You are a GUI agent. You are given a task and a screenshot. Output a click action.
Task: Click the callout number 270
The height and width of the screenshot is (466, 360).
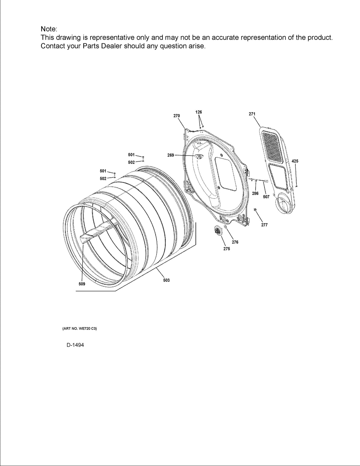pyautogui.click(x=176, y=116)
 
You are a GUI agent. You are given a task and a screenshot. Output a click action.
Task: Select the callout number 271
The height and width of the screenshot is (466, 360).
pyautogui.click(x=252, y=114)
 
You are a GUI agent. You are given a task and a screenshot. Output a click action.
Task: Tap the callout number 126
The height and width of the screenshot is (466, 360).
pyautogui.click(x=199, y=112)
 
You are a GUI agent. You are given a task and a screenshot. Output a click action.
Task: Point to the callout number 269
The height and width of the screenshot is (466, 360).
pyautogui.click(x=171, y=155)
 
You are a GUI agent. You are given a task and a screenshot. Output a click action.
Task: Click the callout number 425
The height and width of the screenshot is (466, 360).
pyautogui.click(x=295, y=161)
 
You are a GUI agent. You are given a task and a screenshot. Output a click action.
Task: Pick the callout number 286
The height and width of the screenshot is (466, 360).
pyautogui.click(x=255, y=193)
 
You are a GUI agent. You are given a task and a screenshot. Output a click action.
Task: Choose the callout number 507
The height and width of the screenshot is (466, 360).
pyautogui.click(x=266, y=197)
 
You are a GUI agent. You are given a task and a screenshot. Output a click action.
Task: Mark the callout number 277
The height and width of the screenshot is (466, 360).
pyautogui.click(x=264, y=225)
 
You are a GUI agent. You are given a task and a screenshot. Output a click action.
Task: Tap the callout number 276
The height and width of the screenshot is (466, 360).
pyautogui.click(x=235, y=242)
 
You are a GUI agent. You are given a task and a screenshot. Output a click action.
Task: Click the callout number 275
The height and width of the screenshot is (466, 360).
pyautogui.click(x=227, y=249)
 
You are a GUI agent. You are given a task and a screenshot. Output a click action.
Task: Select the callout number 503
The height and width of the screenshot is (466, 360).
pyautogui.click(x=166, y=280)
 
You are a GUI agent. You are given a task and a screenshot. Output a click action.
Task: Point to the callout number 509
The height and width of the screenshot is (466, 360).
pyautogui.click(x=82, y=284)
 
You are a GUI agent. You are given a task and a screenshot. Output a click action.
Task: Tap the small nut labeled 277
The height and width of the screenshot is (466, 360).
pyautogui.click(x=255, y=210)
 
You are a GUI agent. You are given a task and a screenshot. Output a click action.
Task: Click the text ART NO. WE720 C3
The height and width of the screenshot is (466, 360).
pyautogui.click(x=80, y=329)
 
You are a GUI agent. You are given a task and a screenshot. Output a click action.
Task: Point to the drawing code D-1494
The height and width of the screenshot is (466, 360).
pyautogui.click(x=75, y=345)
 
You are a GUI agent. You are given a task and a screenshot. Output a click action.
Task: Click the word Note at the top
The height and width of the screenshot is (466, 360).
pyautogui.click(x=48, y=29)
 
